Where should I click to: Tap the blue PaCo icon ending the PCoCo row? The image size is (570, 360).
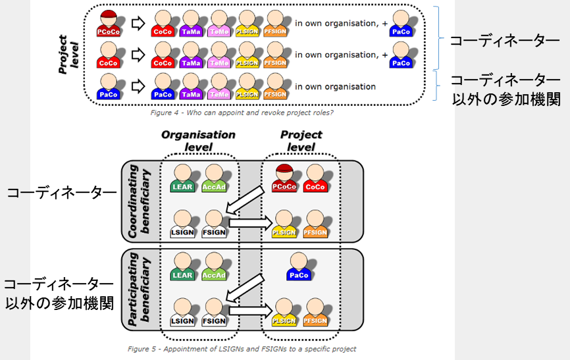click(x=400, y=24)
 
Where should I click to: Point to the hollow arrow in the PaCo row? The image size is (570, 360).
click(x=137, y=86)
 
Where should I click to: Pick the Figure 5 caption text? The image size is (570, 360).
click(x=242, y=348)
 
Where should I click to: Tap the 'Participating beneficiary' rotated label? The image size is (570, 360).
click(x=140, y=290)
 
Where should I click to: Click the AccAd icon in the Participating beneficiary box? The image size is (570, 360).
click(x=213, y=269)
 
